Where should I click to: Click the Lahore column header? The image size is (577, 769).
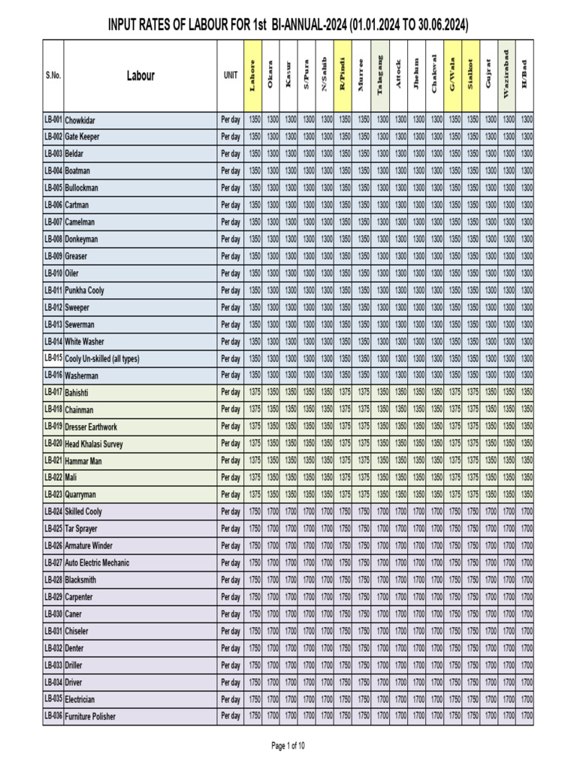[x=254, y=75]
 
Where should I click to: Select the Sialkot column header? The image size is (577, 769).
[x=472, y=75]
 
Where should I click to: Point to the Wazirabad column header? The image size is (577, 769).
[x=509, y=75]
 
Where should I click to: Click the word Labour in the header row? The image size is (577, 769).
[x=140, y=76]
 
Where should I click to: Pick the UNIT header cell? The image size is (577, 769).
[x=231, y=76]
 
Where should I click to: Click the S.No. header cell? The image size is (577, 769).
[x=53, y=76]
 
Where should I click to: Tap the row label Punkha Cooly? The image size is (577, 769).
[x=85, y=291]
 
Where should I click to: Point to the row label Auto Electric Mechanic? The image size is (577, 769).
[x=97, y=563]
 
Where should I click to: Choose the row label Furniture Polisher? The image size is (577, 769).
[x=91, y=716]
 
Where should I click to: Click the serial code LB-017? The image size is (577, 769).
[x=53, y=392]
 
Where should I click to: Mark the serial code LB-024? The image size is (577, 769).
[x=53, y=511]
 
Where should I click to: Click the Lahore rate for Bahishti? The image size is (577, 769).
[x=254, y=392]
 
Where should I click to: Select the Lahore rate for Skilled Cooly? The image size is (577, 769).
[x=254, y=511]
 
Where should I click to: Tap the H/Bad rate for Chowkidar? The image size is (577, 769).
[x=527, y=120]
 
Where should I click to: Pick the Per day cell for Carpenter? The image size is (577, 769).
[x=231, y=597]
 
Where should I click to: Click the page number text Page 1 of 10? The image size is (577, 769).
[x=288, y=746]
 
